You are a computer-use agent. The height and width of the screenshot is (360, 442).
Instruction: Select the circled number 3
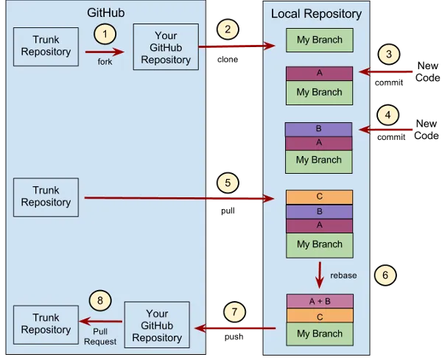[388, 55]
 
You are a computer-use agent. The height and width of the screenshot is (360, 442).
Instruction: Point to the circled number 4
[388, 116]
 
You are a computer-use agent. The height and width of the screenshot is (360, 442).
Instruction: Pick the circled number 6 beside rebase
[384, 274]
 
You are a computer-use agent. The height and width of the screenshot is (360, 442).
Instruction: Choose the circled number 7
[234, 312]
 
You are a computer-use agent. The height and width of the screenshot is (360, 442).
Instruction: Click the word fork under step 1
[104, 61]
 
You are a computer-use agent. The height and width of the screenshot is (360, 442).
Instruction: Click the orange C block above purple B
[319, 197]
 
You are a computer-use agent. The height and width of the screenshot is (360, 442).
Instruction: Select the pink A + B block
[320, 300]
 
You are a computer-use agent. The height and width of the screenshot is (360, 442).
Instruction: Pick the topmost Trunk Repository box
[46, 46]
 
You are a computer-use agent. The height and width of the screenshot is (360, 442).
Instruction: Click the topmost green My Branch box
[319, 39]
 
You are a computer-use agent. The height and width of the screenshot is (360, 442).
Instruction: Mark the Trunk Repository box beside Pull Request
[46, 325]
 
